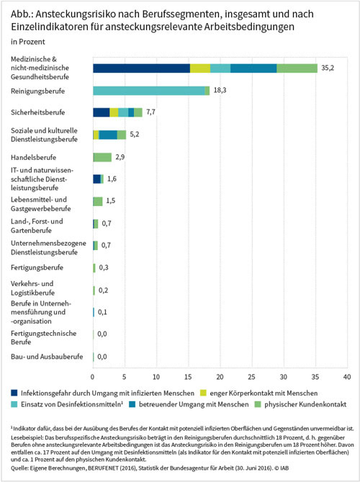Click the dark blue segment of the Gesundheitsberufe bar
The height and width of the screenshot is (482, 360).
[142, 68]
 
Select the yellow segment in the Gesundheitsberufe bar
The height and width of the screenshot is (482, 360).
[200, 68]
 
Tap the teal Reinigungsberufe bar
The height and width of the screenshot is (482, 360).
[149, 91]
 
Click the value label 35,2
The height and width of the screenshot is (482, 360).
[328, 68]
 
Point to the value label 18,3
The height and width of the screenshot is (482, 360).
[220, 90]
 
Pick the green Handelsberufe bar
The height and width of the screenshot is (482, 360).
[102, 157]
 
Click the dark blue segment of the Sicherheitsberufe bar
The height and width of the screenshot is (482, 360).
[102, 112]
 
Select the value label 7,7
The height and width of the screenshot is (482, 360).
[150, 112]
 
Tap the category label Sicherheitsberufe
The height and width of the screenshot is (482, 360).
[37, 112]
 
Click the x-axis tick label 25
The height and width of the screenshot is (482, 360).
[251, 377]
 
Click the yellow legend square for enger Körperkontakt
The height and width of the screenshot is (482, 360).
[203, 393]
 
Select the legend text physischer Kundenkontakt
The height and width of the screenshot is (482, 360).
[305, 404]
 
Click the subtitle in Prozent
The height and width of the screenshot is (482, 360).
[28, 42]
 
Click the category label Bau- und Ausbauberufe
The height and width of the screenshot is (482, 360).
[47, 357]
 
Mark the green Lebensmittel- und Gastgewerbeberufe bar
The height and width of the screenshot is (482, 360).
[98, 202]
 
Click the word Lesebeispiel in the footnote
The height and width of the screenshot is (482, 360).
[24, 437]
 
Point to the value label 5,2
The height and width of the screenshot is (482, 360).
[135, 134]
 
